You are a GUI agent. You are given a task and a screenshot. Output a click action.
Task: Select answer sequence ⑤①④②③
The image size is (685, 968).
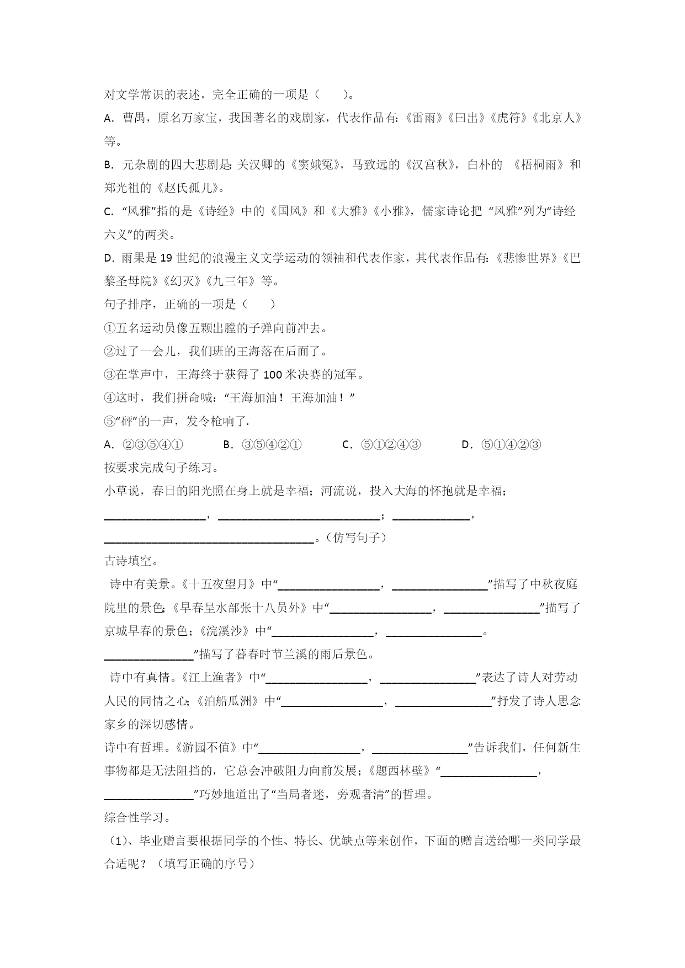[x=511, y=445]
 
